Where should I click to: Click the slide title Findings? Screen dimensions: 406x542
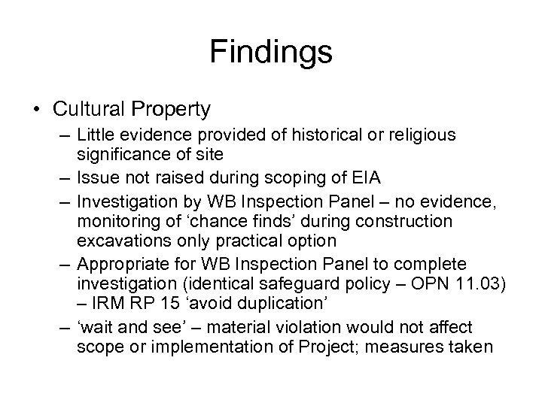[271, 53]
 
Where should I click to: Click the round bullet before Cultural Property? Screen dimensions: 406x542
[38, 110]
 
